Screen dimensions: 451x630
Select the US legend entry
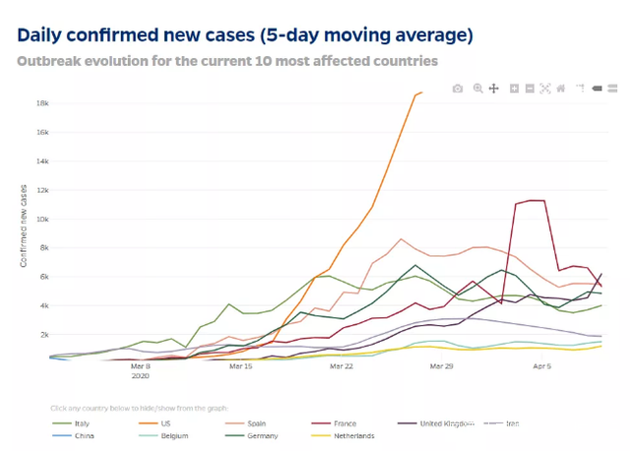[165, 423]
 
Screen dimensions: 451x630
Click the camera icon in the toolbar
[458, 89]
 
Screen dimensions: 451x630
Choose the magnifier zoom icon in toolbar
[477, 89]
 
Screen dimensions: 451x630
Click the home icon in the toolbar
[561, 89]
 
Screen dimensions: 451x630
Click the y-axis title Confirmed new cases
[23, 225]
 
